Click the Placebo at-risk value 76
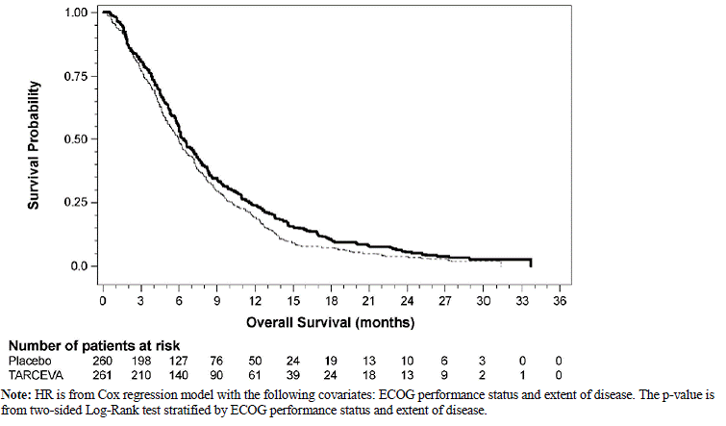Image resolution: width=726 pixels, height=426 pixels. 217,359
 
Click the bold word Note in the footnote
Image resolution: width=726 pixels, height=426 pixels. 15,395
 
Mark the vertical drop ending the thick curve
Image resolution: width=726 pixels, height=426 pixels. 530,263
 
